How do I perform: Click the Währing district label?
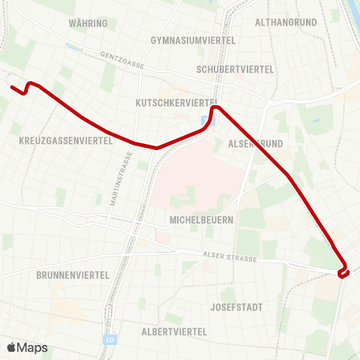coord(88,23)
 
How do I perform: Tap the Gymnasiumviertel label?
coord(193,40)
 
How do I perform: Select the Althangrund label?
coord(287,23)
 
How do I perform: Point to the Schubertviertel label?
coord(235,69)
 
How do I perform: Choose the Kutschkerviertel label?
coord(176,102)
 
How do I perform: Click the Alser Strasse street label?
coord(229,257)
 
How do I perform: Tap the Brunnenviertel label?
coord(73,275)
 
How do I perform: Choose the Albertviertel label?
coord(174,331)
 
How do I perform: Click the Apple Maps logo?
coord(27,347)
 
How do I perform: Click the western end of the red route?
coord(12,88)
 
